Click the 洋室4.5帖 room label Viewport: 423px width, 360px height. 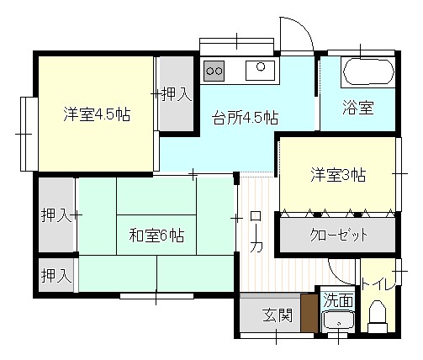pos(97,114)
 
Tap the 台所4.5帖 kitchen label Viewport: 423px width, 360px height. pos(246,118)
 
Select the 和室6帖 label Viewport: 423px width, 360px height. pos(156,236)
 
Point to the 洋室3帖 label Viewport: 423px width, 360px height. pos(338,175)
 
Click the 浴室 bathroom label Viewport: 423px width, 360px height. pos(358,108)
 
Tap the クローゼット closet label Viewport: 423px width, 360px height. pos(338,235)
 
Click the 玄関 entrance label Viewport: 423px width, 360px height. pos(278,315)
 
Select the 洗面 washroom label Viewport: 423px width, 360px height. pos(338,299)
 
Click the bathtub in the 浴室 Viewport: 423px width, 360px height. pos(368,71)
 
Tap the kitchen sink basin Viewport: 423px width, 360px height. pos(260,71)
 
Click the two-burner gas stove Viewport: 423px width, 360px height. pos(214,71)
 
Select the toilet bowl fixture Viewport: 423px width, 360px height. pos(378,316)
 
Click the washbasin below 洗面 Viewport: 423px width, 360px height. pos(338,321)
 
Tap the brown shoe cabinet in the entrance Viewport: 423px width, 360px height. pos(309,313)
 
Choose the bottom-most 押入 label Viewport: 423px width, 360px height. pos(56,276)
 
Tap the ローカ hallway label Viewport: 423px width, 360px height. pos(256,231)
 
